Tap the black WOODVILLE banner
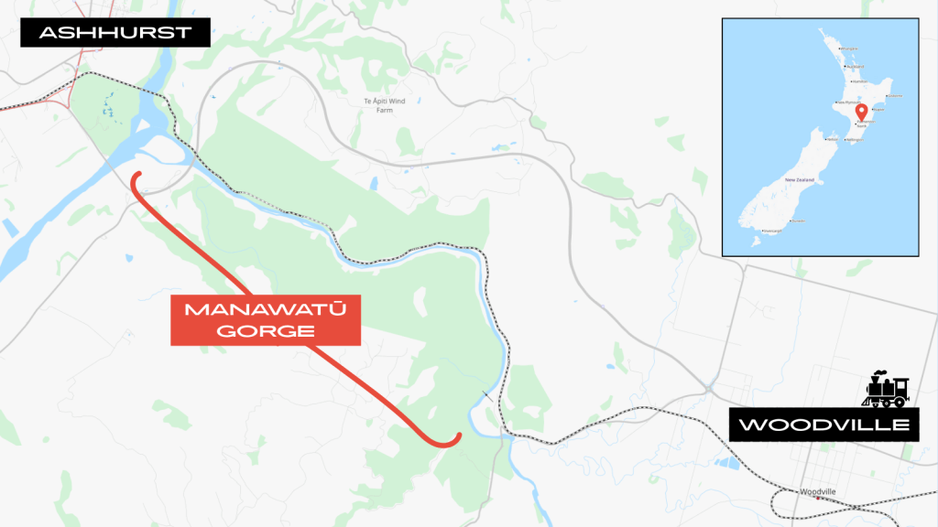tap(824, 425)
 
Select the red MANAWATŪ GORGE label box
tap(266, 319)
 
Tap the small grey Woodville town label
tap(818, 491)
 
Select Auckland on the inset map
tap(856, 66)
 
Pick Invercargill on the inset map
tap(771, 231)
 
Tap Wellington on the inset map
tap(855, 140)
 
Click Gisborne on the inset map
tap(895, 95)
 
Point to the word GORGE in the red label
tap(266, 331)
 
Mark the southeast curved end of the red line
tap(454, 438)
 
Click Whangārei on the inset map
tap(849, 48)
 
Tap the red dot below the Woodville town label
tap(819, 499)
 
